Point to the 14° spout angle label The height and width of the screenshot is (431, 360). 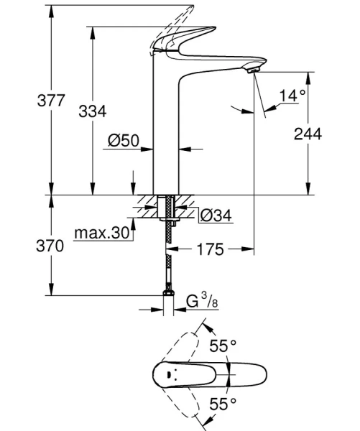292,95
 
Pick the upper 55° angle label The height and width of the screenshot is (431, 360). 223,346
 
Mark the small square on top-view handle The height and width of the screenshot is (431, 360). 170,376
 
